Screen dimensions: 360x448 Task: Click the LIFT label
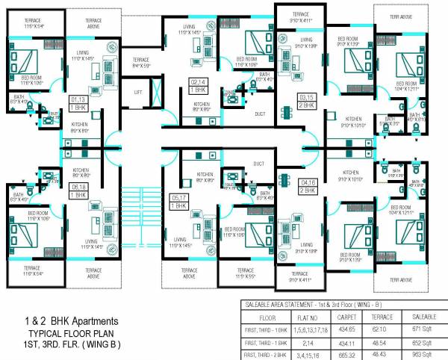(x=138, y=93)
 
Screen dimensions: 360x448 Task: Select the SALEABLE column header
(x=423, y=316)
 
